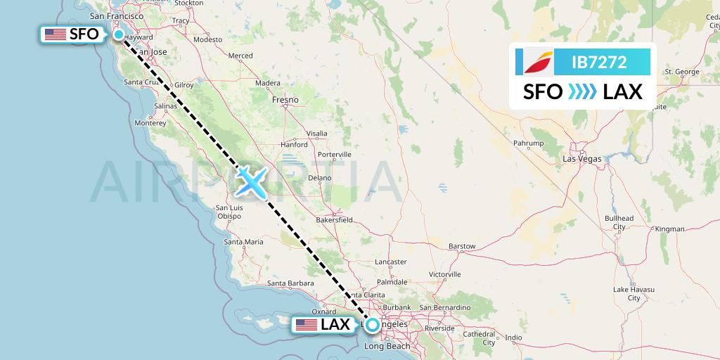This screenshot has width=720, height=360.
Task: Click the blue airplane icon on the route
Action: (251, 181)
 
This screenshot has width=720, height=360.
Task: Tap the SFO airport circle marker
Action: (119, 34)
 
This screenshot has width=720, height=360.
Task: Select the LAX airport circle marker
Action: (372, 325)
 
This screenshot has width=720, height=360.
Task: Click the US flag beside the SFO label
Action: (54, 34)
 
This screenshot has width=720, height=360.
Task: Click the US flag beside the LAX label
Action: (307, 325)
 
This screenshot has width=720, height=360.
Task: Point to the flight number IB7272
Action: (599, 63)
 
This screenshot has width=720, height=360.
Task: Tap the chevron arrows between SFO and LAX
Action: (582, 92)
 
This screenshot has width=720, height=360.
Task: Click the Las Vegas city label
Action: (582, 159)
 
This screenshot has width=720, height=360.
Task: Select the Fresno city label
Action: (285, 100)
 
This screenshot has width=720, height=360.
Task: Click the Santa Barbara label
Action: (290, 284)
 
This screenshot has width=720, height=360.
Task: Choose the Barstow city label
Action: (462, 246)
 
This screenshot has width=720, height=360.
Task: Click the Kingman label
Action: (669, 229)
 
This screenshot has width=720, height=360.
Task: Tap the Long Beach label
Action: (387, 346)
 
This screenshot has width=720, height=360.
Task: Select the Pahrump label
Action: (529, 143)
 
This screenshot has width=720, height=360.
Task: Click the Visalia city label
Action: (317, 133)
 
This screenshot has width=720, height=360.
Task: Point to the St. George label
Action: (682, 72)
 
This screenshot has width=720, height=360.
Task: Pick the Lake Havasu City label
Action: (634, 294)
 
